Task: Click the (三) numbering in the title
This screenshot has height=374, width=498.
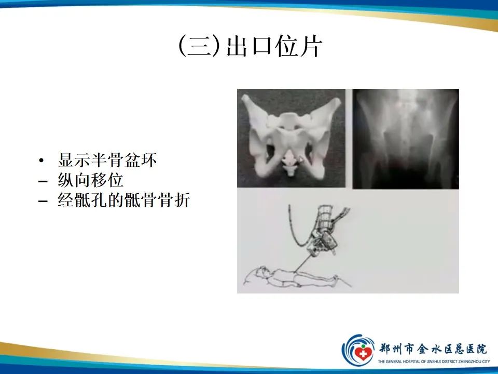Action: pyautogui.click(x=199, y=46)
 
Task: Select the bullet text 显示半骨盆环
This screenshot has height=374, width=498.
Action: pyautogui.click(x=107, y=160)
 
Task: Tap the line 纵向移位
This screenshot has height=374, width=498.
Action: pyautogui.click(x=90, y=180)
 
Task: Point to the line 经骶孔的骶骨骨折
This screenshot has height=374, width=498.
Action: pyautogui.click(x=124, y=200)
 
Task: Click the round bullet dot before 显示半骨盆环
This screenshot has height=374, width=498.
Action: pyautogui.click(x=41, y=161)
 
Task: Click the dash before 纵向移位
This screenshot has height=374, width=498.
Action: pyautogui.click(x=43, y=182)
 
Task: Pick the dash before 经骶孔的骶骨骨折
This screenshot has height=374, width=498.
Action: pyautogui.click(x=43, y=202)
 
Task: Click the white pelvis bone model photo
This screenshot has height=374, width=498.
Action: pyautogui.click(x=291, y=138)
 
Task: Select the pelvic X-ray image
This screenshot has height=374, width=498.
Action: pyautogui.click(x=406, y=139)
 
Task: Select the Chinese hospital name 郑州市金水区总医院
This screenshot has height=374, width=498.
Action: pyautogui.click(x=433, y=349)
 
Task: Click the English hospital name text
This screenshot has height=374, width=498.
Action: pyautogui.click(x=434, y=362)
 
